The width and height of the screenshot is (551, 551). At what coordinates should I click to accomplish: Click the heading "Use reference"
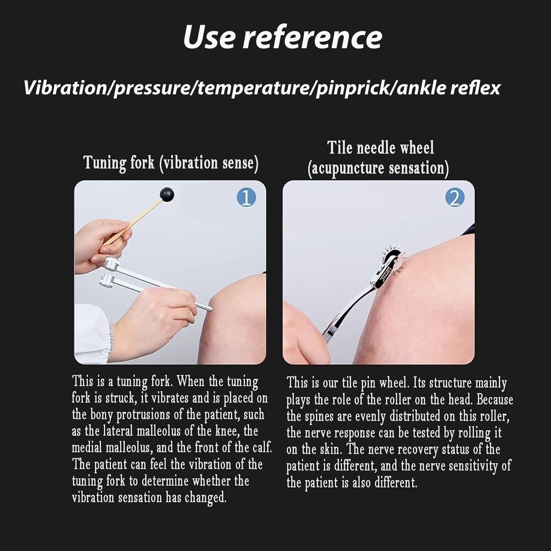[282, 37]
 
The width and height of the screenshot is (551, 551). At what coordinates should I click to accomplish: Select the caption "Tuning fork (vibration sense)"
[171, 163]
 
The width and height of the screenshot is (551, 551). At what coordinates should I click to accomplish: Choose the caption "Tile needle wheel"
[381, 148]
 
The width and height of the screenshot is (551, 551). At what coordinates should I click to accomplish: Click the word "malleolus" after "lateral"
[158, 431]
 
